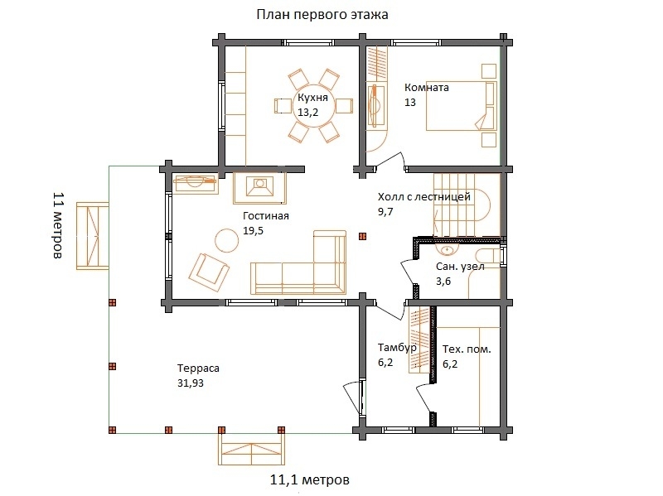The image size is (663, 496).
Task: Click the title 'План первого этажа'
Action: [322, 15]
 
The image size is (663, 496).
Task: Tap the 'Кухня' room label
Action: [312, 98]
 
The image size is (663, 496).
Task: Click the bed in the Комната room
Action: [461, 106]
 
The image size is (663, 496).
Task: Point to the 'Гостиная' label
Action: [265, 216]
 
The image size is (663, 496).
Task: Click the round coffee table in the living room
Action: [227, 240]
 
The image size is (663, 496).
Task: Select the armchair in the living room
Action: [209, 272]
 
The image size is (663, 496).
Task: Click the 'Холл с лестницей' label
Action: [424, 197]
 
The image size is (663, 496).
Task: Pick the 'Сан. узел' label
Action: [460, 267]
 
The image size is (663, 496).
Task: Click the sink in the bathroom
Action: [447, 250]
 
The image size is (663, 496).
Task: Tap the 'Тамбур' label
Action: [397, 348]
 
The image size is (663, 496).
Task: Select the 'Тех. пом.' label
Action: [467, 349]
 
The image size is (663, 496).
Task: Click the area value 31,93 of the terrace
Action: [191, 383]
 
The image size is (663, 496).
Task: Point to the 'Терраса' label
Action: [198, 368]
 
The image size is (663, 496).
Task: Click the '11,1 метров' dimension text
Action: [310, 480]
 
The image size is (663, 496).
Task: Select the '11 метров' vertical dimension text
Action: [58, 225]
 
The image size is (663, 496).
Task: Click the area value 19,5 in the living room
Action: [253, 231]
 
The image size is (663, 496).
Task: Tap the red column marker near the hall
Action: [362, 237]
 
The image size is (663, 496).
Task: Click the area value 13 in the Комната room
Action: [410, 102]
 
